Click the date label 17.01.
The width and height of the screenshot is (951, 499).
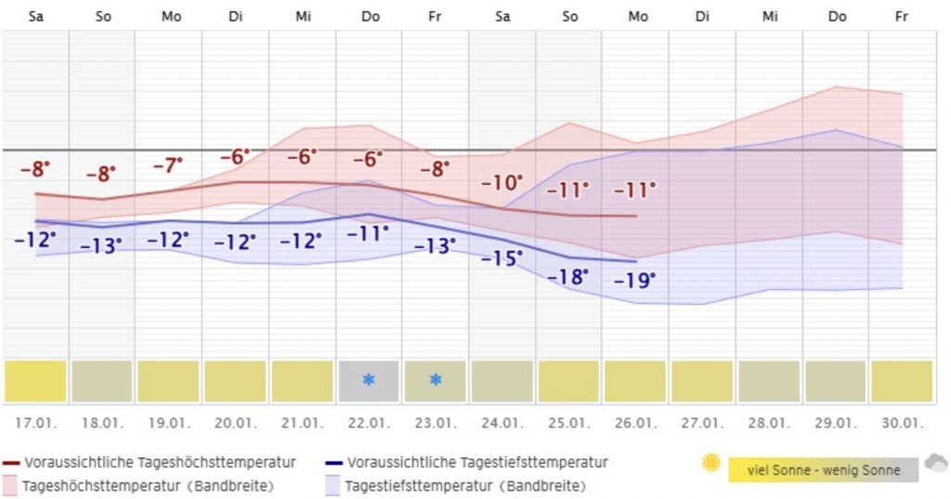coord(34,423)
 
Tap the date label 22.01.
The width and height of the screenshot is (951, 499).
coord(369,423)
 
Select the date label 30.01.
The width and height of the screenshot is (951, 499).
coord(902,423)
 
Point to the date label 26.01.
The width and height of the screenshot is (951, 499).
coord(636,423)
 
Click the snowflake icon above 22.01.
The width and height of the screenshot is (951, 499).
coord(369,380)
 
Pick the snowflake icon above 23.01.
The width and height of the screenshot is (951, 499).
coord(436,380)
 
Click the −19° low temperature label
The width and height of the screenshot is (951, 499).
coord(635,280)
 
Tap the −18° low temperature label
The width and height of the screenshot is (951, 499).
coord(568,276)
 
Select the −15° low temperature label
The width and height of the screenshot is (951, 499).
coord(502,258)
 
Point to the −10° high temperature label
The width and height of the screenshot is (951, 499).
coord(502,183)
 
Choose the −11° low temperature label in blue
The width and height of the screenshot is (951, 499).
coord(368,233)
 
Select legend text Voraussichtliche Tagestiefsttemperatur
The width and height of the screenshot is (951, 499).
coord(477,462)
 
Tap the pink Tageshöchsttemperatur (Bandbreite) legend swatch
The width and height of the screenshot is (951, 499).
coord(11,485)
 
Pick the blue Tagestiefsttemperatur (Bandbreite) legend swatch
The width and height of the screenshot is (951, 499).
coord(334,485)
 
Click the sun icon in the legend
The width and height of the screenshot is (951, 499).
coord(711,463)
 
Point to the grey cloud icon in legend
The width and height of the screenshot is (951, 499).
coord(935,463)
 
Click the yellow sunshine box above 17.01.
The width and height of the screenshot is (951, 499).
coord(35,381)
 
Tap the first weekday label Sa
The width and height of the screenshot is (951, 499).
coord(36,17)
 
